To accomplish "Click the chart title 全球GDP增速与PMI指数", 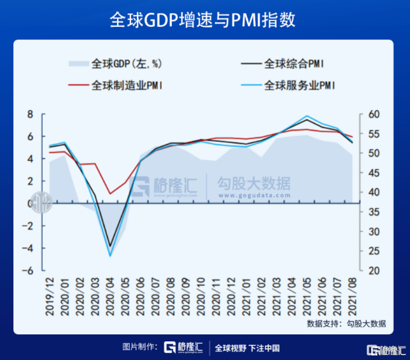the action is [x=203, y=20].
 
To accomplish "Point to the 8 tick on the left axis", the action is [x=30, y=114].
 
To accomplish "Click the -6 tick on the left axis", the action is [x=28, y=271].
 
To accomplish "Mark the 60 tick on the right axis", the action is [x=374, y=114].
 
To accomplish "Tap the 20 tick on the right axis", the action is [x=374, y=271].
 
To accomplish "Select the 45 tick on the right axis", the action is [x=374, y=173].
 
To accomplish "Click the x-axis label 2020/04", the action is [x=110, y=297].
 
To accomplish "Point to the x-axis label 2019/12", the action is [x=50, y=297].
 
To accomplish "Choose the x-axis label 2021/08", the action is [x=353, y=297].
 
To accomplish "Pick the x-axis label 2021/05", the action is [x=307, y=297].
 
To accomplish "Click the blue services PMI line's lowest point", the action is [x=110, y=256].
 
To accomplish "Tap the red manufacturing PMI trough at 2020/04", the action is [x=110, y=194].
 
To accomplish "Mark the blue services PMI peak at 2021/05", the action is [x=307, y=116].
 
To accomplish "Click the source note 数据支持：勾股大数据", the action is [x=346, y=323].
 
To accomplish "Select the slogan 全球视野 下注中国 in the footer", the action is [x=247, y=348].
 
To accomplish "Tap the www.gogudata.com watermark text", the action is [x=254, y=196].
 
